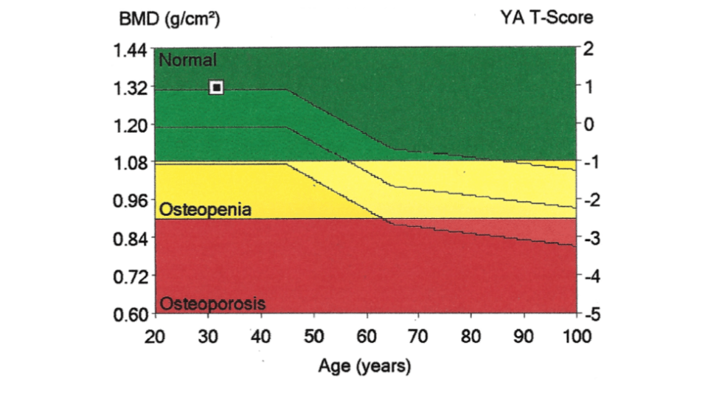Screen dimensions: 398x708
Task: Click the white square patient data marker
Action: pyautogui.click(x=216, y=88)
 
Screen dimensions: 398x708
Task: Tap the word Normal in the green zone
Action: pyautogui.click(x=188, y=60)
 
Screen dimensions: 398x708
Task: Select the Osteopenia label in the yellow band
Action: pyautogui.click(x=206, y=209)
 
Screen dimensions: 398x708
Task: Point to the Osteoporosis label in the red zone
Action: pyautogui.click(x=212, y=304)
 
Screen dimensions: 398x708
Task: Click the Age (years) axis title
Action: pyautogui.click(x=364, y=366)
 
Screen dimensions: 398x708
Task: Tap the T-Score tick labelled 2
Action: pyautogui.click(x=588, y=49)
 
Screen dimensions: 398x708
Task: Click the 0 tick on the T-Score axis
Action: pyautogui.click(x=588, y=125)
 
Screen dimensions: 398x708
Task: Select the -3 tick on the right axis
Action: pyautogui.click(x=589, y=239)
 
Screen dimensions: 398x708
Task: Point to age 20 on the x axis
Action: pyautogui.click(x=155, y=337)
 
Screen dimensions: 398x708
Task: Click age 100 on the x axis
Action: pyautogui.click(x=577, y=337)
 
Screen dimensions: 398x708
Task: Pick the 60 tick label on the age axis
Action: pyautogui.click(x=366, y=337)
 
